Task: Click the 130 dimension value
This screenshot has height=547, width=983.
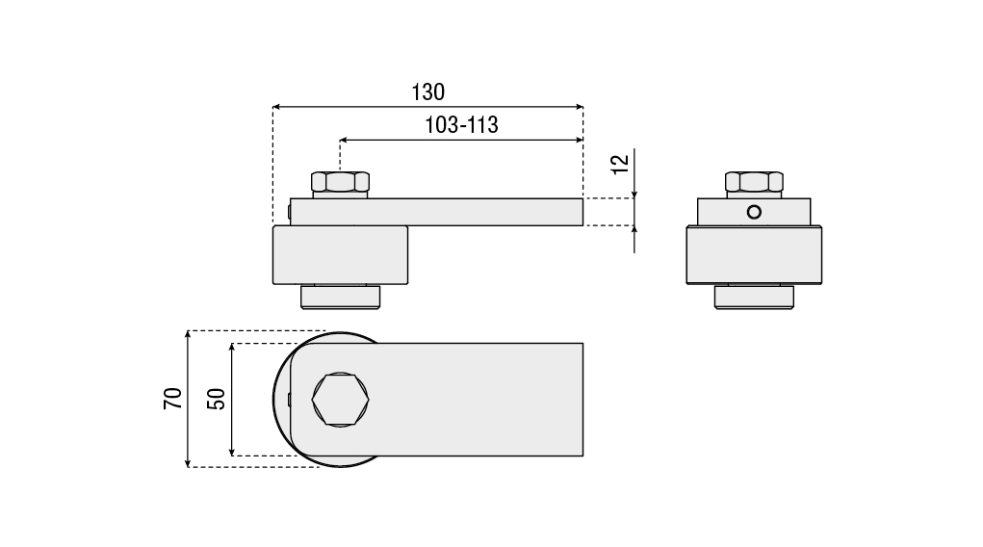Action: [428, 92]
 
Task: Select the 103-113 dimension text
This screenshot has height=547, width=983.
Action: [461, 125]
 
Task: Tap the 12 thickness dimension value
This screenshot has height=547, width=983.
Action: [619, 165]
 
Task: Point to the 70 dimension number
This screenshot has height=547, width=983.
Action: [172, 399]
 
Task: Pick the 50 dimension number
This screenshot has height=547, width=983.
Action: [217, 399]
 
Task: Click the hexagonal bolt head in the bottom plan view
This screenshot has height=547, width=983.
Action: [341, 400]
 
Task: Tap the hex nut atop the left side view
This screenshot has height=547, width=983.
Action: [341, 182]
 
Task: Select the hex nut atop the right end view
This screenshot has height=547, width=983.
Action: [754, 182]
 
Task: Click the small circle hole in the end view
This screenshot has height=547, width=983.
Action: [754, 212]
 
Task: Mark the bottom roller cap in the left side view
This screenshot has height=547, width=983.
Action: [341, 297]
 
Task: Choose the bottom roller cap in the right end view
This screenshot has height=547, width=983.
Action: [754, 297]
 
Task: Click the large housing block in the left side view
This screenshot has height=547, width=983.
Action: [341, 255]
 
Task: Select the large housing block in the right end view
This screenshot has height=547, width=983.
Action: [754, 255]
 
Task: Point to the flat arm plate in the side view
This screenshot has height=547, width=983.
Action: [436, 212]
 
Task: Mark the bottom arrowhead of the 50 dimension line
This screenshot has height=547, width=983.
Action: [232, 452]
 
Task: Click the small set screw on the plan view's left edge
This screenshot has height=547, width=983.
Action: [289, 400]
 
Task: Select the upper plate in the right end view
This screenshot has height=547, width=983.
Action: [754, 212]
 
